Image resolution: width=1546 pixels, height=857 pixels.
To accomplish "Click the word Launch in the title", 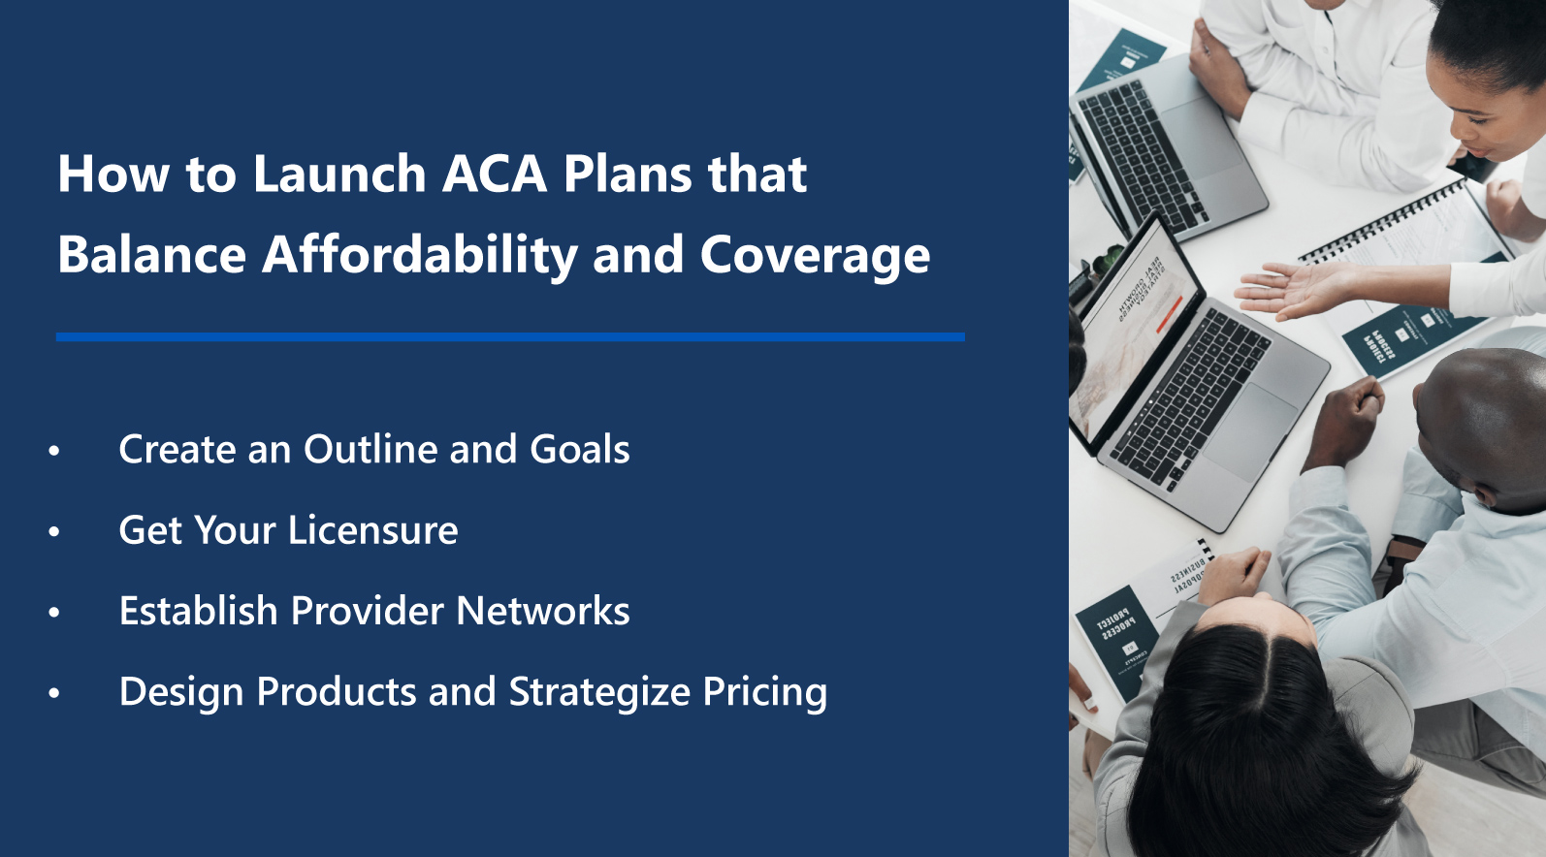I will pyautogui.click(x=338, y=175).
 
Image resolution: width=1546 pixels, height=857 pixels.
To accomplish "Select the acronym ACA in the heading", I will pyautogui.click(x=495, y=175).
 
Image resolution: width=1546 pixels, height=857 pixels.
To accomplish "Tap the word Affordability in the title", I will pyautogui.click(x=419, y=255).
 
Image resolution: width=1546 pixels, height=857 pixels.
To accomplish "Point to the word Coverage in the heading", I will pyautogui.click(x=815, y=255).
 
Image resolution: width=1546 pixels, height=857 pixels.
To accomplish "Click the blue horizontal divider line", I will pyautogui.click(x=510, y=336).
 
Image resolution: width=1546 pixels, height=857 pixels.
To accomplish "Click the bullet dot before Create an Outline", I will pyautogui.click(x=54, y=451).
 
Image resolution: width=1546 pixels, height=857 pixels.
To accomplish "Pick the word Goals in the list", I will pyautogui.click(x=579, y=450).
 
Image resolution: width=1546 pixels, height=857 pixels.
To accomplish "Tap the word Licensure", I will pyautogui.click(x=372, y=530).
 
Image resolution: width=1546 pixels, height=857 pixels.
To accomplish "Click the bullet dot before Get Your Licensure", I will pyautogui.click(x=54, y=531).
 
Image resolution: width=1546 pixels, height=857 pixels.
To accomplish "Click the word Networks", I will pyautogui.click(x=543, y=612).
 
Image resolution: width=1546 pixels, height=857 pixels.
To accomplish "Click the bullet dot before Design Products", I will pyautogui.click(x=54, y=693).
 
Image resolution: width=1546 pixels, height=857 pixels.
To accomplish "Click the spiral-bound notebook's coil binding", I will pyautogui.click(x=1387, y=222).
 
